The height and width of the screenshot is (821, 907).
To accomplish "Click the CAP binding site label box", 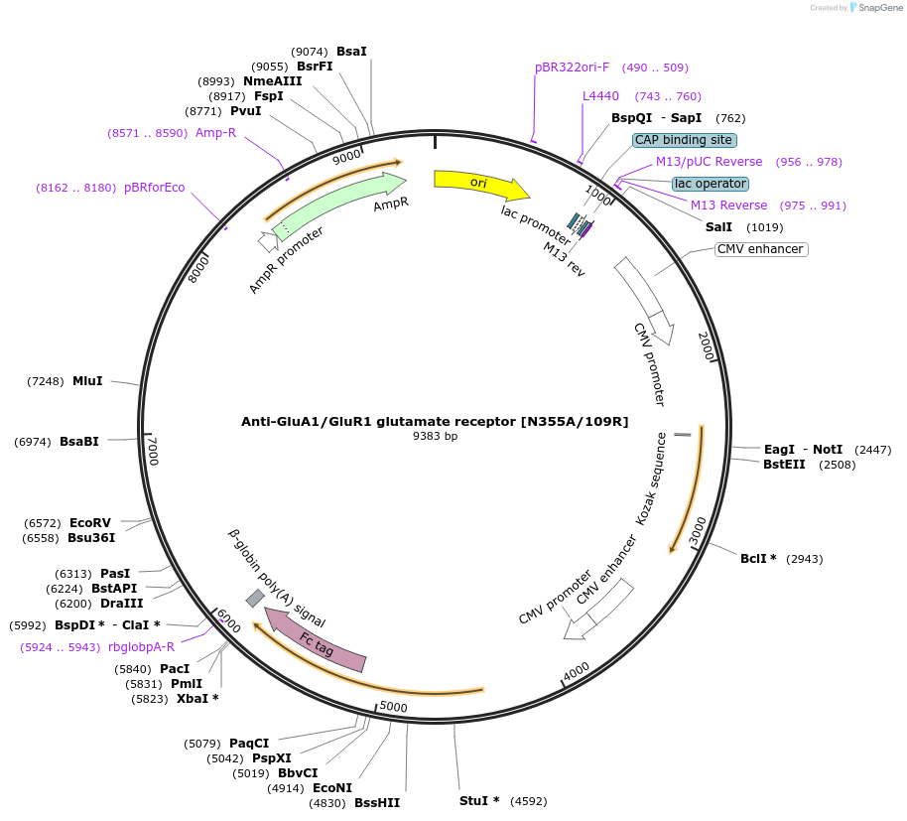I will [684, 140].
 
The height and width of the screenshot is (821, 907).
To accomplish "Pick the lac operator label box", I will [711, 184].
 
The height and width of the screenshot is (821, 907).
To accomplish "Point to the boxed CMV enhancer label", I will [761, 249].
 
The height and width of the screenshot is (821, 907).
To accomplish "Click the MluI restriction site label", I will [87, 381].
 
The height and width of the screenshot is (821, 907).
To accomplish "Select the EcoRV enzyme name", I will [90, 523].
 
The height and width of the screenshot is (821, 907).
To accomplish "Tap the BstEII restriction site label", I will [784, 464].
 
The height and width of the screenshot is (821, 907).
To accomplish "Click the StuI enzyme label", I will [478, 800].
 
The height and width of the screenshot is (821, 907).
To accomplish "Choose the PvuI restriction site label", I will [245, 111].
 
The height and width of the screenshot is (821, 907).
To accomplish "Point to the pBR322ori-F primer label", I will [572, 68].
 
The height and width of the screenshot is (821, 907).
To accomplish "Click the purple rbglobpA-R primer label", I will [141, 647].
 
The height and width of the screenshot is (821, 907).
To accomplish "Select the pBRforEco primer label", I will [154, 188].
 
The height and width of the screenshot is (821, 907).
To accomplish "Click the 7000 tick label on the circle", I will [153, 452].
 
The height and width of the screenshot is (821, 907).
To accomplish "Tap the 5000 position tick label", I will [394, 707].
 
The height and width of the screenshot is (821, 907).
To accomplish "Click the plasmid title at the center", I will [435, 421].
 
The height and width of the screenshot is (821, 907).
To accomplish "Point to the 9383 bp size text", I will [436, 436].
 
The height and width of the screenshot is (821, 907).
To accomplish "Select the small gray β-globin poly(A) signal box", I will [255, 598].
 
